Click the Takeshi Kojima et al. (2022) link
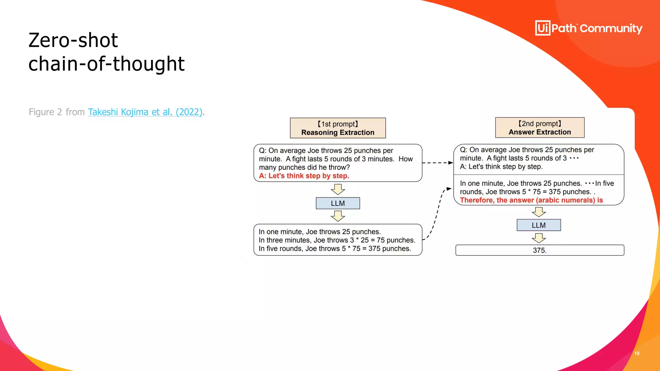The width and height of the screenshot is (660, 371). (145, 112)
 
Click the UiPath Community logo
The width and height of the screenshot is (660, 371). (588, 28)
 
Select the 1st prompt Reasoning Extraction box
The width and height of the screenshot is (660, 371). (338, 128)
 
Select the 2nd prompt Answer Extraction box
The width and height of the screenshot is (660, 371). (540, 128)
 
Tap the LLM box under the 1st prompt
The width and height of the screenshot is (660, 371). (338, 203)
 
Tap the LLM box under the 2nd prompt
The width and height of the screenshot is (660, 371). (539, 225)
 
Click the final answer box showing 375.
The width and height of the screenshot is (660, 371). (540, 250)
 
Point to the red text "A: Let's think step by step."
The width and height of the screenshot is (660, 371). (304, 176)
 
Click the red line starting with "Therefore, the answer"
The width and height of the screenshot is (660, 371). (531, 200)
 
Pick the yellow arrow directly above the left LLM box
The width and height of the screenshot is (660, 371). (338, 189)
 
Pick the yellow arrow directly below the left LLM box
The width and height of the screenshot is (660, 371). (338, 216)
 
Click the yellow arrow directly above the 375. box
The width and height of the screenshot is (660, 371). (539, 238)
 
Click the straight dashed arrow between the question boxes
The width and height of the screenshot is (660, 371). (437, 163)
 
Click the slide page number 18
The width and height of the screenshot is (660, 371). (637, 353)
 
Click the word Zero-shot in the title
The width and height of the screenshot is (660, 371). (73, 40)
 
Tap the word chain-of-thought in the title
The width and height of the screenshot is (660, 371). (106, 64)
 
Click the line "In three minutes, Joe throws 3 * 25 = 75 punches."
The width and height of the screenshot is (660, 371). (337, 240)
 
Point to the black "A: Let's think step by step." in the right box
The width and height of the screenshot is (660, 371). (501, 167)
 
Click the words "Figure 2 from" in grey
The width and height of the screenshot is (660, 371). (56, 112)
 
